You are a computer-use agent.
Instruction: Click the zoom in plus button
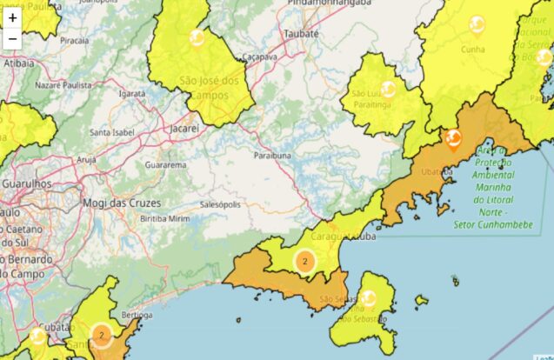(12, 17)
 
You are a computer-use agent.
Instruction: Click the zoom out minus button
(12, 39)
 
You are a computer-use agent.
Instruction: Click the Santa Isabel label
(112, 133)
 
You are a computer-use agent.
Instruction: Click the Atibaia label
(19, 63)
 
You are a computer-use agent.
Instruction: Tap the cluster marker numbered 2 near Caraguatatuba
(304, 260)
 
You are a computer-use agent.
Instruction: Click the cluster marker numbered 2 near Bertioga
(101, 334)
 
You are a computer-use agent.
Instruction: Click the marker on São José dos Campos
(197, 38)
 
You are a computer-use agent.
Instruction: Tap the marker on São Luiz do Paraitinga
(388, 89)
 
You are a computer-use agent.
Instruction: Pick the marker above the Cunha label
(477, 23)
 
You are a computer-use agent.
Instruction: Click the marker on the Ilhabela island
(369, 298)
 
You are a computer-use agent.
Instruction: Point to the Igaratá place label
(132, 93)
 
